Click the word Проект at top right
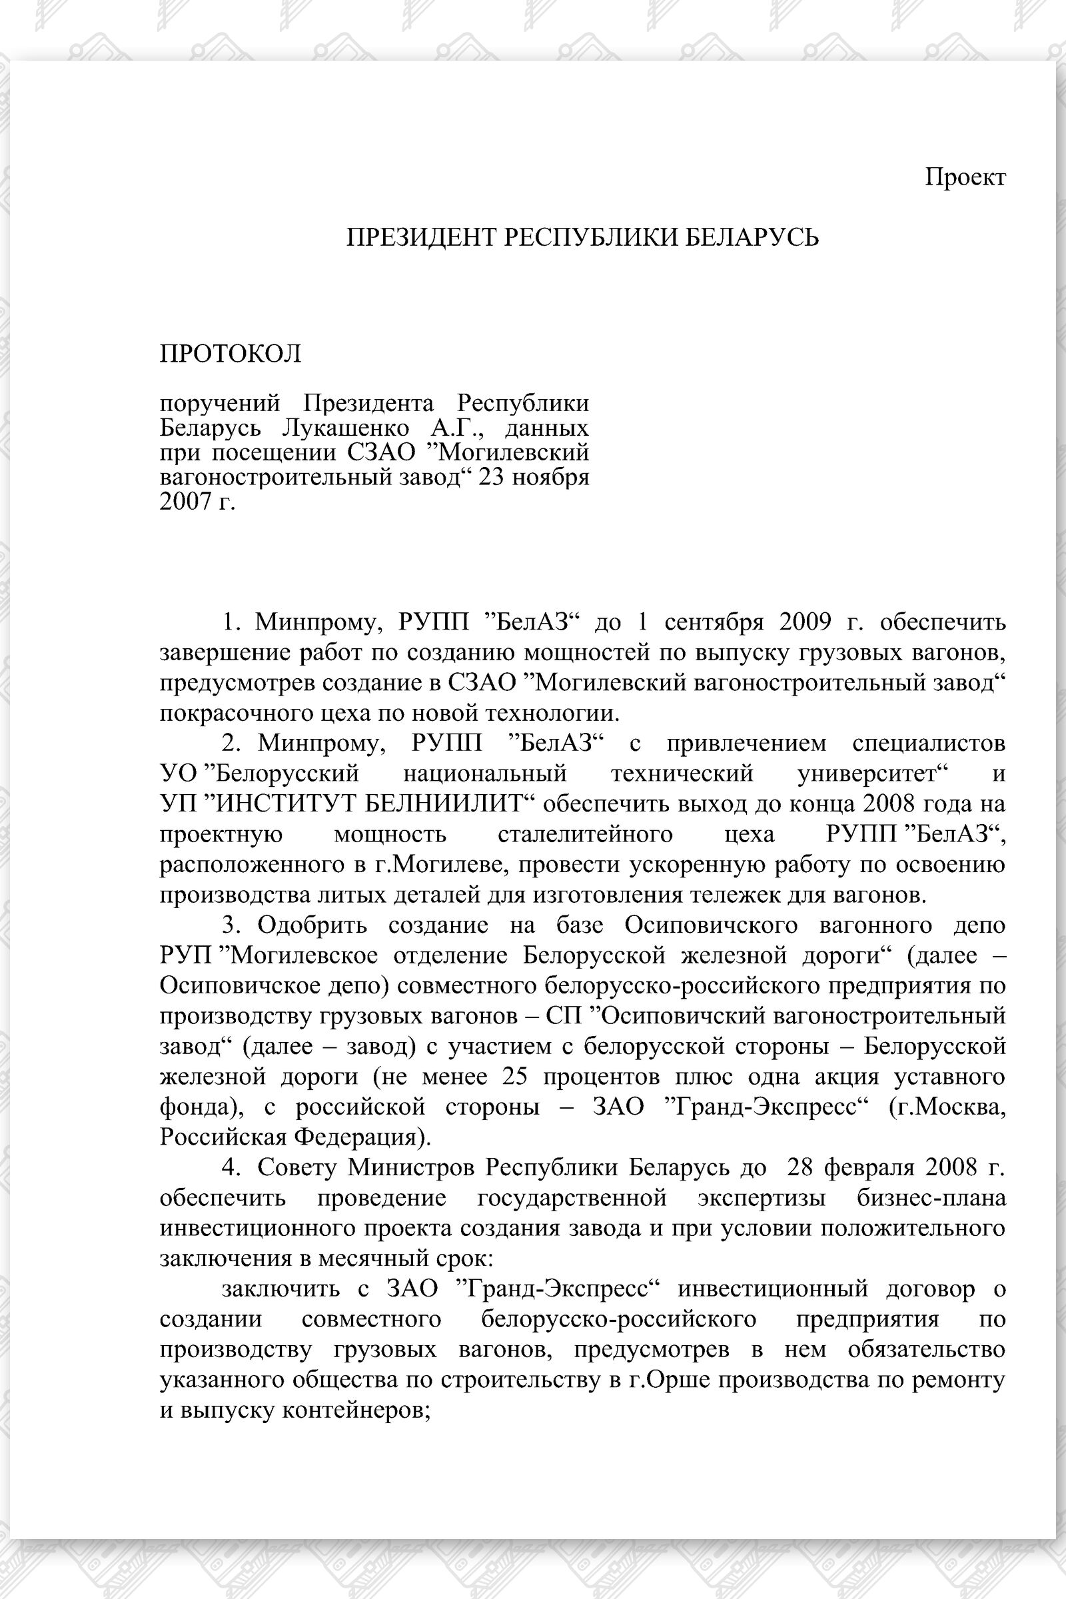click(965, 177)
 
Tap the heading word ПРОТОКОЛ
click(231, 354)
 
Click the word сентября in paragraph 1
click(714, 622)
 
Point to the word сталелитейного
click(586, 834)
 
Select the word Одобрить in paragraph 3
click(312, 925)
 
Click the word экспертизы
click(762, 1198)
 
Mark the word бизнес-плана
click(931, 1198)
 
